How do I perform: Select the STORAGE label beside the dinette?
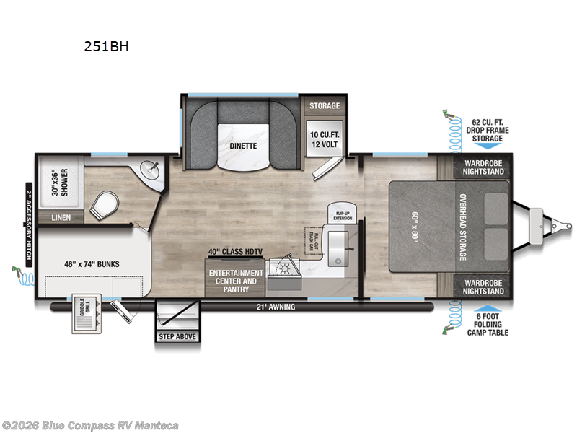click(325, 106)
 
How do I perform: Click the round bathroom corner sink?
click(153, 170)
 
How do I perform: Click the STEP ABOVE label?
click(176, 336)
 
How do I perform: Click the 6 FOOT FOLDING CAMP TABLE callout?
click(488, 324)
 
